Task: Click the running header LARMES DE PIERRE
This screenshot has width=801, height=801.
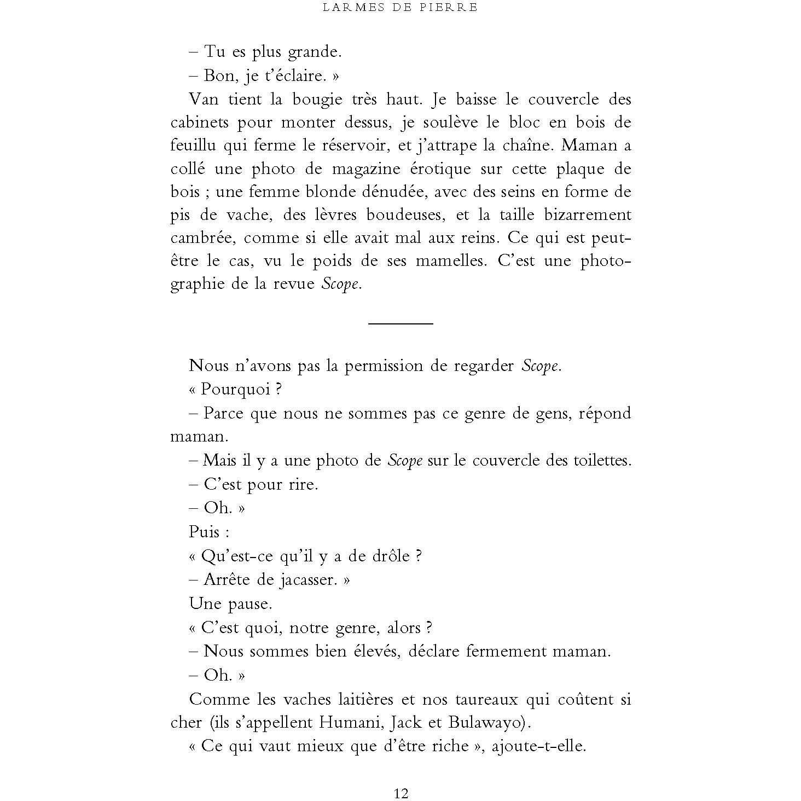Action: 400,7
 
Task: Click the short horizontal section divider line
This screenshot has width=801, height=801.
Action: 400,324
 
